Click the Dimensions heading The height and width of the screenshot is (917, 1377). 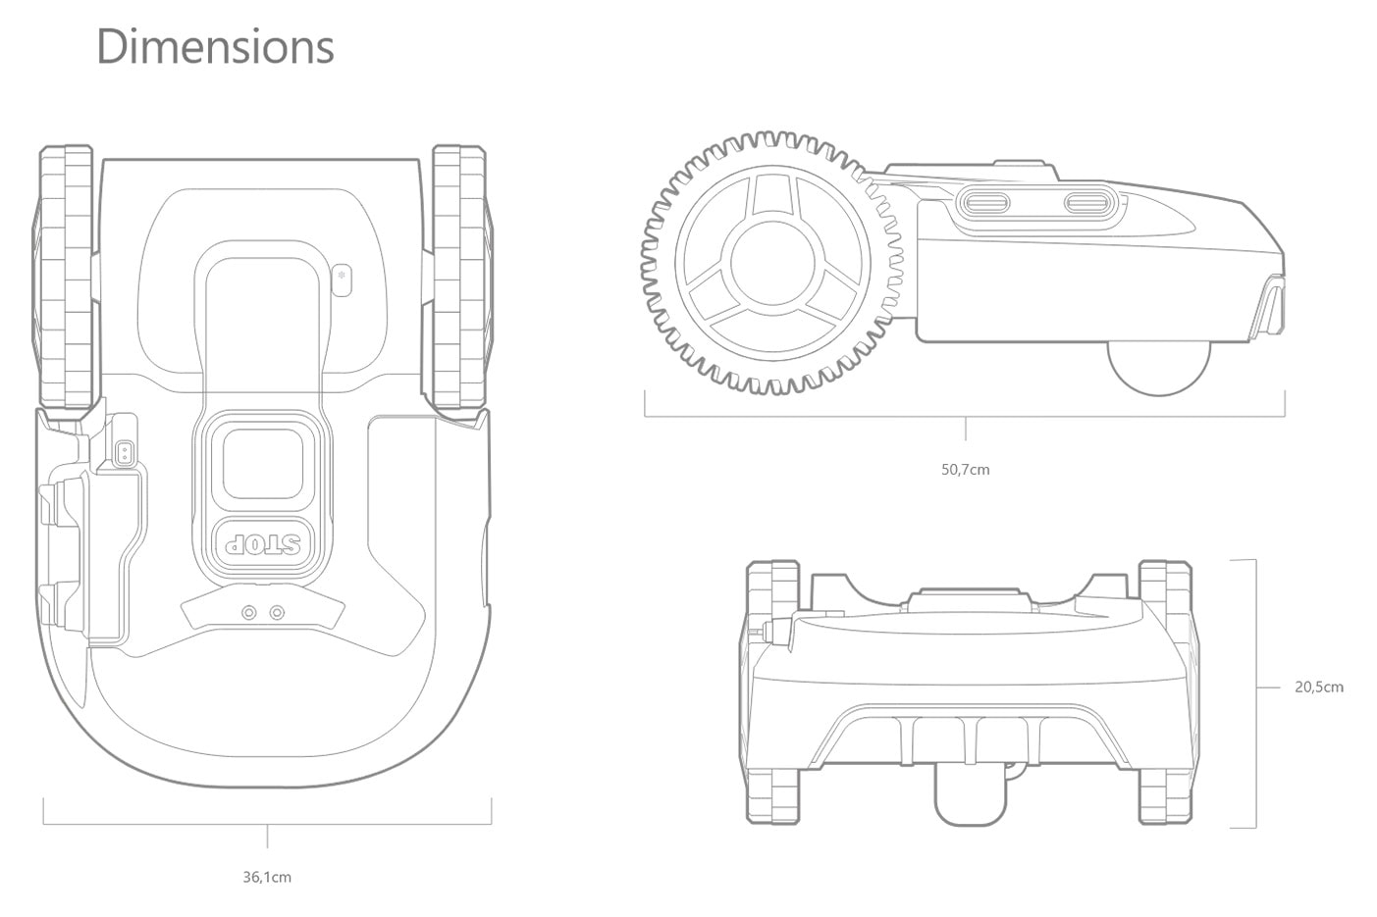(215, 47)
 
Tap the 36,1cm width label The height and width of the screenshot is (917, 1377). (267, 877)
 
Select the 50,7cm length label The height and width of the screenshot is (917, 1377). (965, 470)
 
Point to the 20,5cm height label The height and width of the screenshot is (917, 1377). (1318, 687)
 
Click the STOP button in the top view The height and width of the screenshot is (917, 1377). (263, 543)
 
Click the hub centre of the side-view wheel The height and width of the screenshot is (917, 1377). (771, 263)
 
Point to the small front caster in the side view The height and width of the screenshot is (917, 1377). (1159, 368)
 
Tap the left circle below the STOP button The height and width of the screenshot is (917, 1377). (249, 612)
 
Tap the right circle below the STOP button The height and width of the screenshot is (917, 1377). (278, 612)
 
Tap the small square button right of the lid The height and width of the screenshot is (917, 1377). (342, 278)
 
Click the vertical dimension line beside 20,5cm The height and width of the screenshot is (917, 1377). (1255, 693)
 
